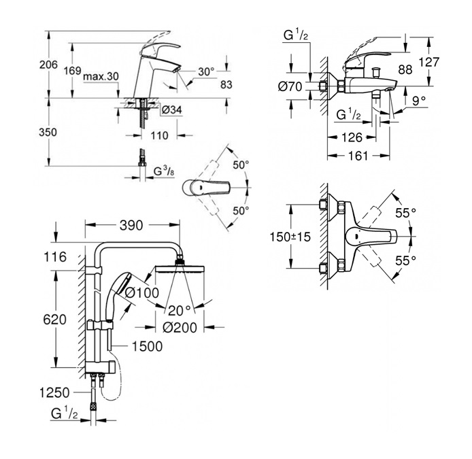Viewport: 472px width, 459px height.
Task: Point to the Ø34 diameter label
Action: click(171, 109)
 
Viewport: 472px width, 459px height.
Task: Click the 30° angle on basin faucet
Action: click(206, 71)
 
